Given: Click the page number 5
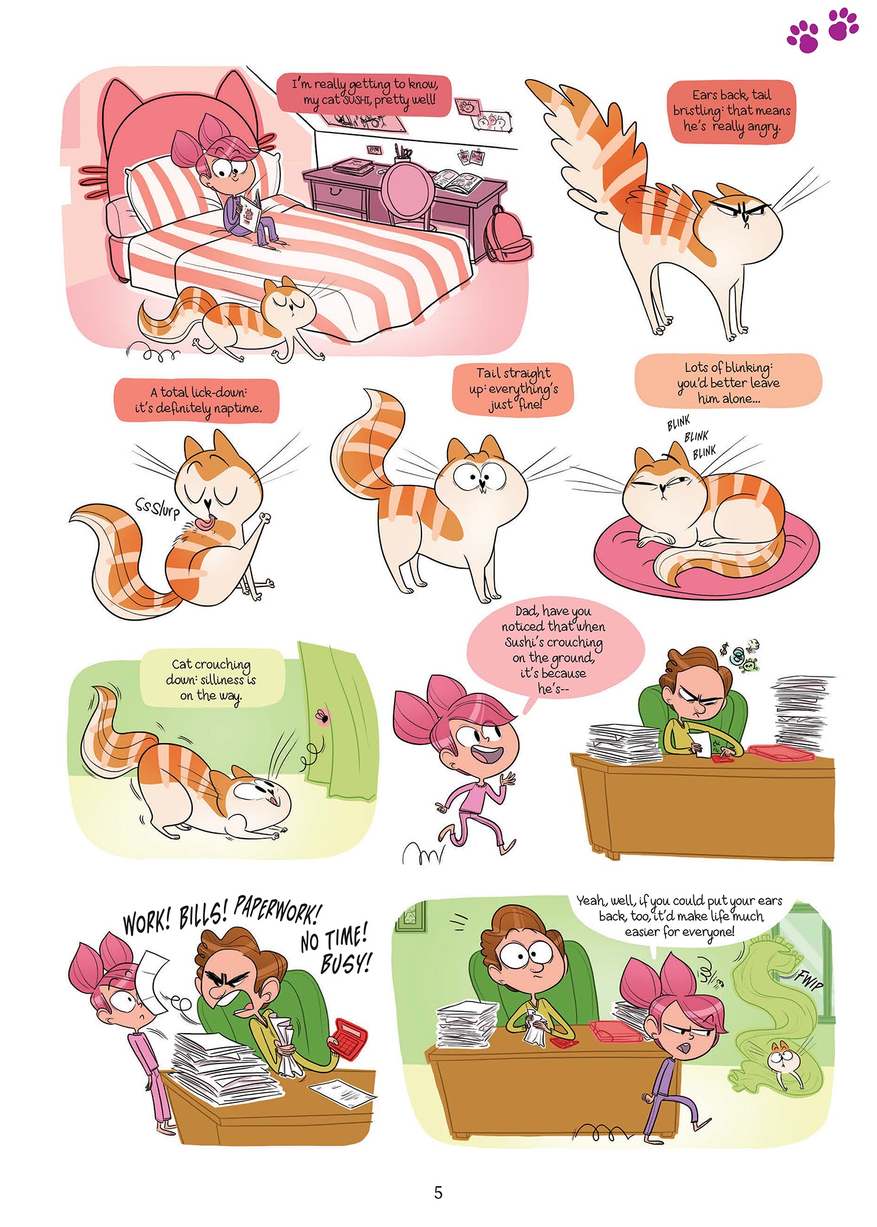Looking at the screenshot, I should tap(438, 1192).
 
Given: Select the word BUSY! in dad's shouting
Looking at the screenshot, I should tap(345, 962).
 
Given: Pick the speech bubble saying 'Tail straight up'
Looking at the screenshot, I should tap(513, 389).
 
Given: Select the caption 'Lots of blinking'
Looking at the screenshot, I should tap(728, 383).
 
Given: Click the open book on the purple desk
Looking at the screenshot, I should tap(457, 180).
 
